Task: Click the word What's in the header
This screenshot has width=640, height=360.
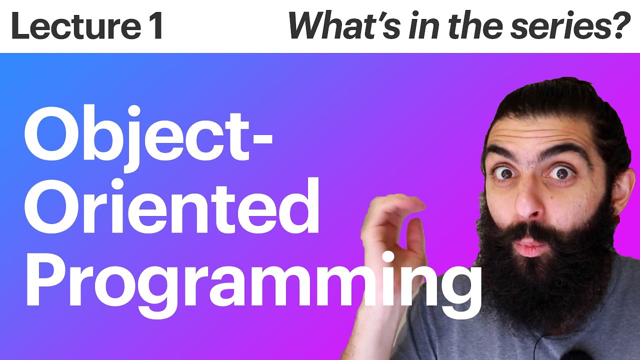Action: [x=342, y=26]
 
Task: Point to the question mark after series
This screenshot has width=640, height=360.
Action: [x=620, y=26]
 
